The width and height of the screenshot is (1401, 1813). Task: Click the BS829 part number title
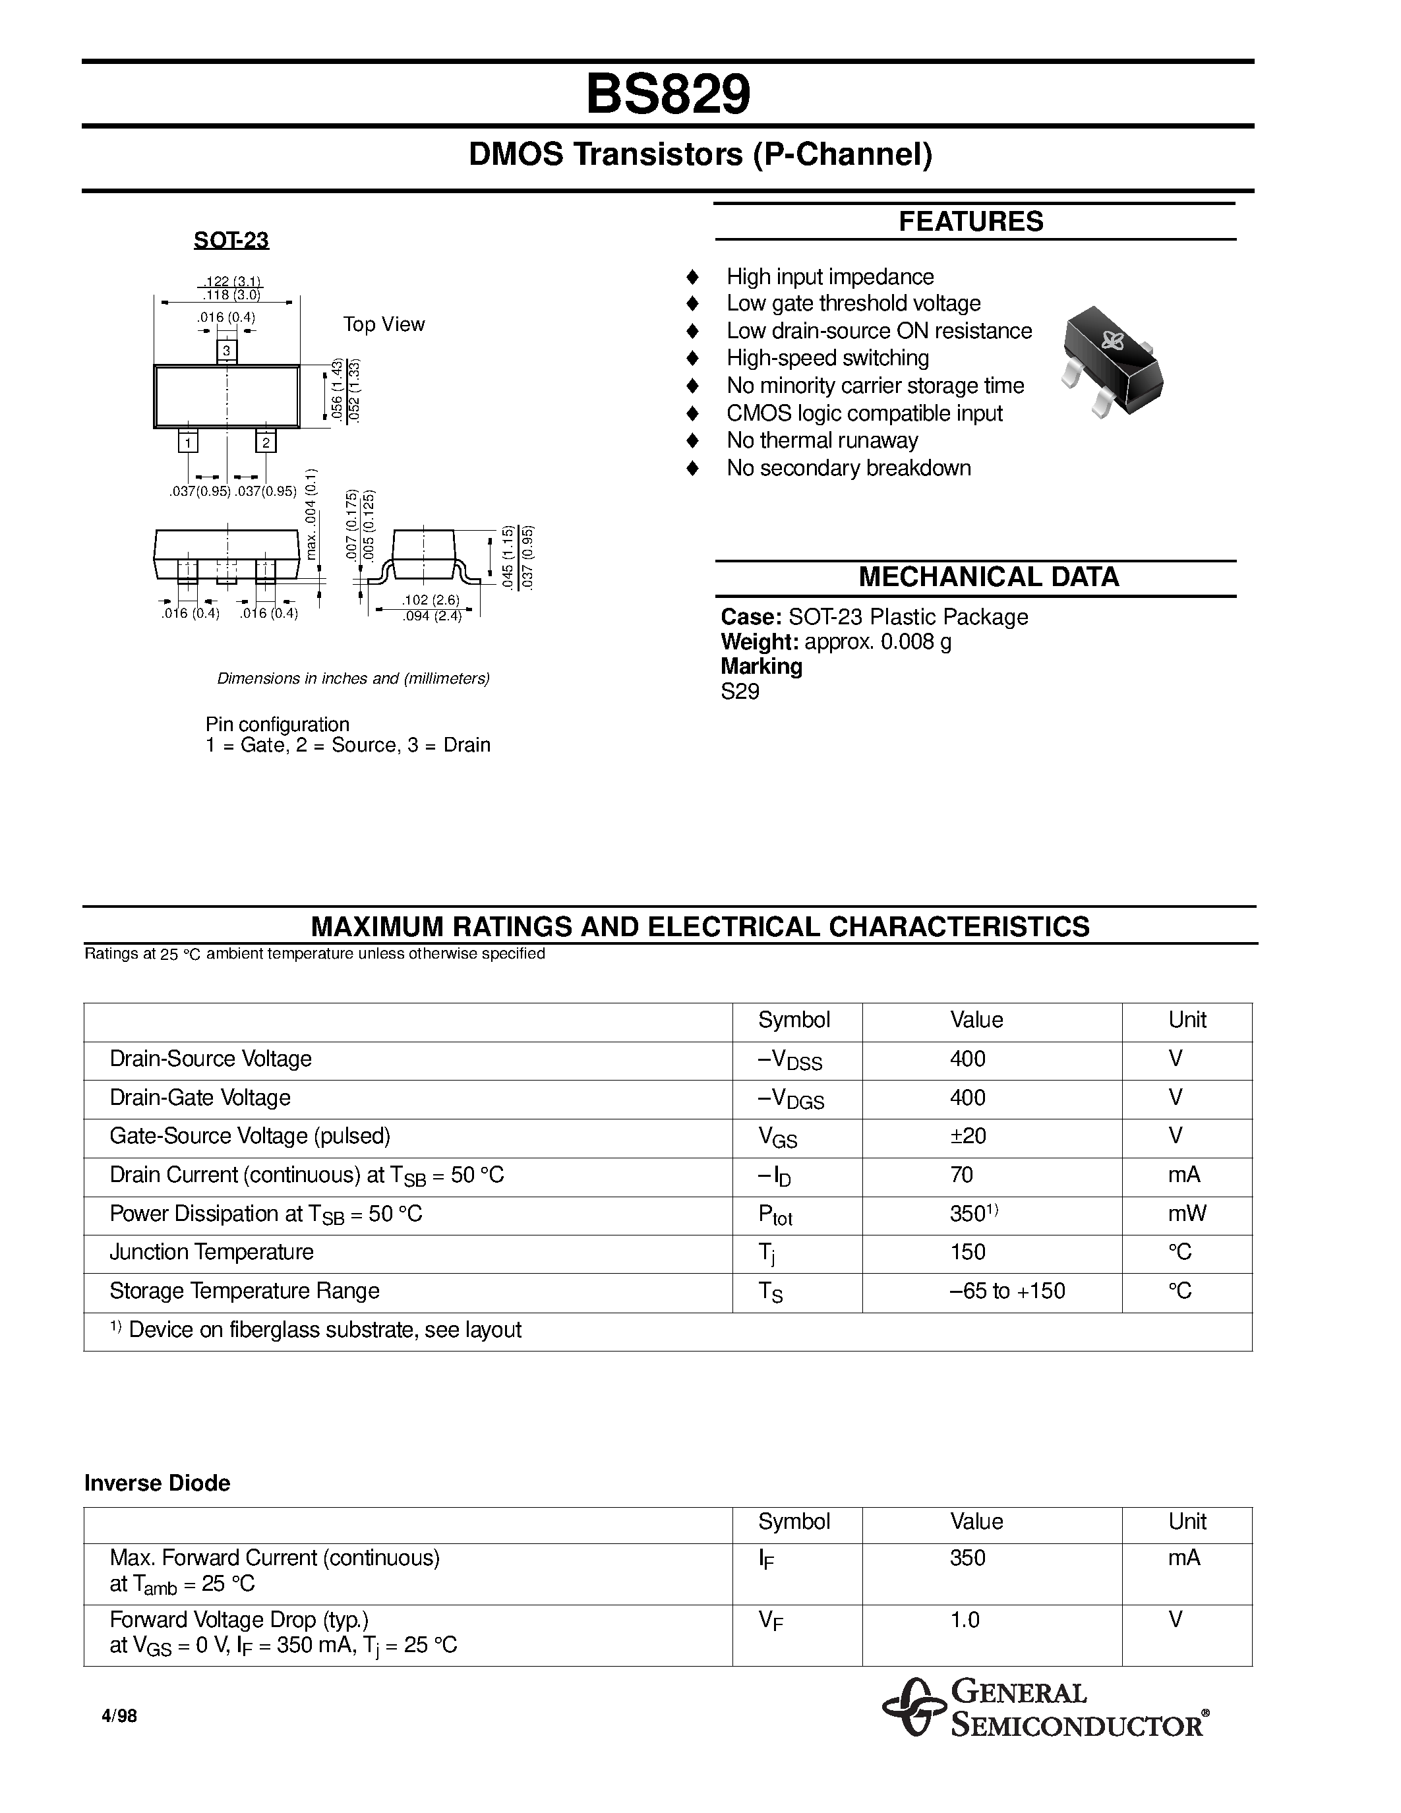(667, 95)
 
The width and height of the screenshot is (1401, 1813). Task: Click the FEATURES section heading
(970, 222)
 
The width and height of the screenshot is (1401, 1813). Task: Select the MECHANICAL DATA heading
(988, 577)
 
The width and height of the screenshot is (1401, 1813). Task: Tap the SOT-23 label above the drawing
(231, 241)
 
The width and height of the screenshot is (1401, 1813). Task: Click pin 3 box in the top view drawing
(227, 351)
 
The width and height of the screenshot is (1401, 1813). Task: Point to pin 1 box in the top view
(189, 442)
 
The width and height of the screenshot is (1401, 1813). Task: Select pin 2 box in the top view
(266, 442)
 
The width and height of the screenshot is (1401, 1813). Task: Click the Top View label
(384, 324)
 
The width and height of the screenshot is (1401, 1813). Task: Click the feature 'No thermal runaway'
(821, 441)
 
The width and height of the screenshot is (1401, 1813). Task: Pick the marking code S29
(740, 692)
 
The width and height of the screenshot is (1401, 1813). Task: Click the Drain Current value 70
(961, 1175)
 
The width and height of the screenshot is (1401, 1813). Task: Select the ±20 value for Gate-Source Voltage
(968, 1136)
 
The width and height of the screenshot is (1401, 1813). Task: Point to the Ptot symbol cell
(775, 1215)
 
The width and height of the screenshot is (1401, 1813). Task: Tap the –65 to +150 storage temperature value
(1007, 1291)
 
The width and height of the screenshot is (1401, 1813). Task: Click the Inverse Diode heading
(157, 1483)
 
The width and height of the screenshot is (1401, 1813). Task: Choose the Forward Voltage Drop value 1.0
(965, 1620)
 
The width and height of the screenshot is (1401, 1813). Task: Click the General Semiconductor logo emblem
(913, 1708)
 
